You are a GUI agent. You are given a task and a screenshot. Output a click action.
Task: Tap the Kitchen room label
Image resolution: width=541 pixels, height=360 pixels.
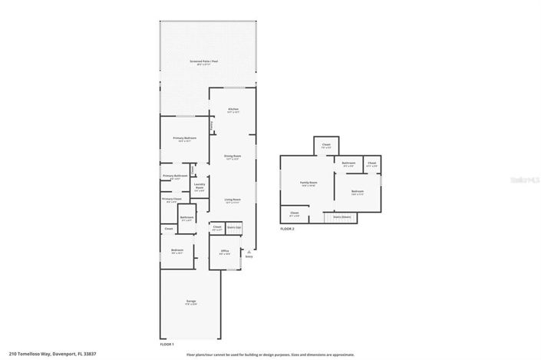tap(233, 110)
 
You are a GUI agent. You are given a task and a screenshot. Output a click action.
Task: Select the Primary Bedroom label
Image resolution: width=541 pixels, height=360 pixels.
tap(184, 138)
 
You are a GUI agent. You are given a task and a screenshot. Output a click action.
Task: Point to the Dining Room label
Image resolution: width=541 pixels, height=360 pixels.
tap(233, 157)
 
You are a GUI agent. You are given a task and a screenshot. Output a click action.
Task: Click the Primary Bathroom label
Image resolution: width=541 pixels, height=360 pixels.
tap(175, 177)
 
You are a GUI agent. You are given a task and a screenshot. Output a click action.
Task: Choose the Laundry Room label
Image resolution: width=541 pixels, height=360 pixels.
tap(199, 186)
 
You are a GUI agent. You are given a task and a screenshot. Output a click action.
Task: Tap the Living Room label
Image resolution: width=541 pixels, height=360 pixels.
tap(233, 200)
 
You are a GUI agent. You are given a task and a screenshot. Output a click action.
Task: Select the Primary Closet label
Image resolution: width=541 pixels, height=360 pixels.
tap(172, 200)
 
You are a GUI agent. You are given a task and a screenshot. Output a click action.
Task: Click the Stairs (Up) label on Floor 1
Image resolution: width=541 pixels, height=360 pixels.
tap(233, 227)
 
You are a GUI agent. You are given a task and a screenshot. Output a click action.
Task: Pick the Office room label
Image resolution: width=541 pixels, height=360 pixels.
tap(224, 252)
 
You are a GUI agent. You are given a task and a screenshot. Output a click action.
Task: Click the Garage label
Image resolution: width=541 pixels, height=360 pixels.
tap(190, 301)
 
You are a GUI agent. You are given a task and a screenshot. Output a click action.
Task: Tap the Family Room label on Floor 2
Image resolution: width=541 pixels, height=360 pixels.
tap(308, 183)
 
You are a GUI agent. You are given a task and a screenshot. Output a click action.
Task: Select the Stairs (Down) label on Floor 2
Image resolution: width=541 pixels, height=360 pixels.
tap(341, 217)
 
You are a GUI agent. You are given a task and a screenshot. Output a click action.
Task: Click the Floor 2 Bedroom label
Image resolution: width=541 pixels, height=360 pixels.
tap(358, 191)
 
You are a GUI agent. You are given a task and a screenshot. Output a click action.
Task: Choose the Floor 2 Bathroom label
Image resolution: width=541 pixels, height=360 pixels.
tap(348, 163)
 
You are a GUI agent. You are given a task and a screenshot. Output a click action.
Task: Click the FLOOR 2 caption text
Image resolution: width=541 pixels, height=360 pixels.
tap(287, 229)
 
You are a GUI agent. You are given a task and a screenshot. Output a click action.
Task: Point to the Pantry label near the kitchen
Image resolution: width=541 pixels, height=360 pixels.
tap(212, 124)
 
